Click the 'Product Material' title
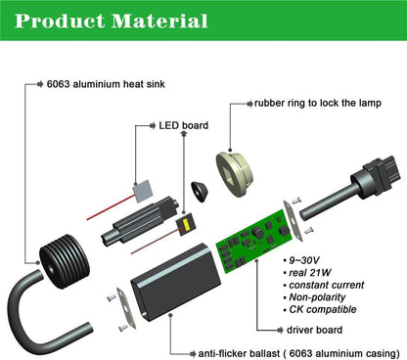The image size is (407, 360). click(111, 21)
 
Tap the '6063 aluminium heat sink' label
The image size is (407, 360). click(106, 84)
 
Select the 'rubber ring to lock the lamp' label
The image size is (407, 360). click(318, 103)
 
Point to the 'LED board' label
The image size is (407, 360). click(184, 125)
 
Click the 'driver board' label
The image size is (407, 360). click(314, 330)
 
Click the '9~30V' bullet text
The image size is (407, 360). click(304, 260)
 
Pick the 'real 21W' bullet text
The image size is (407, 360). click(310, 273)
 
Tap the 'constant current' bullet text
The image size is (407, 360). click(327, 285)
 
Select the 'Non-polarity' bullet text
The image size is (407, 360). click(317, 297)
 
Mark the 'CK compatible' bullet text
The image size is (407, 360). click(323, 309)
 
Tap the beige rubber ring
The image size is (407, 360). click(235, 173)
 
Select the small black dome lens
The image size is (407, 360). click(201, 191)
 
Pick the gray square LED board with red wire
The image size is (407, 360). click(143, 191)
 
